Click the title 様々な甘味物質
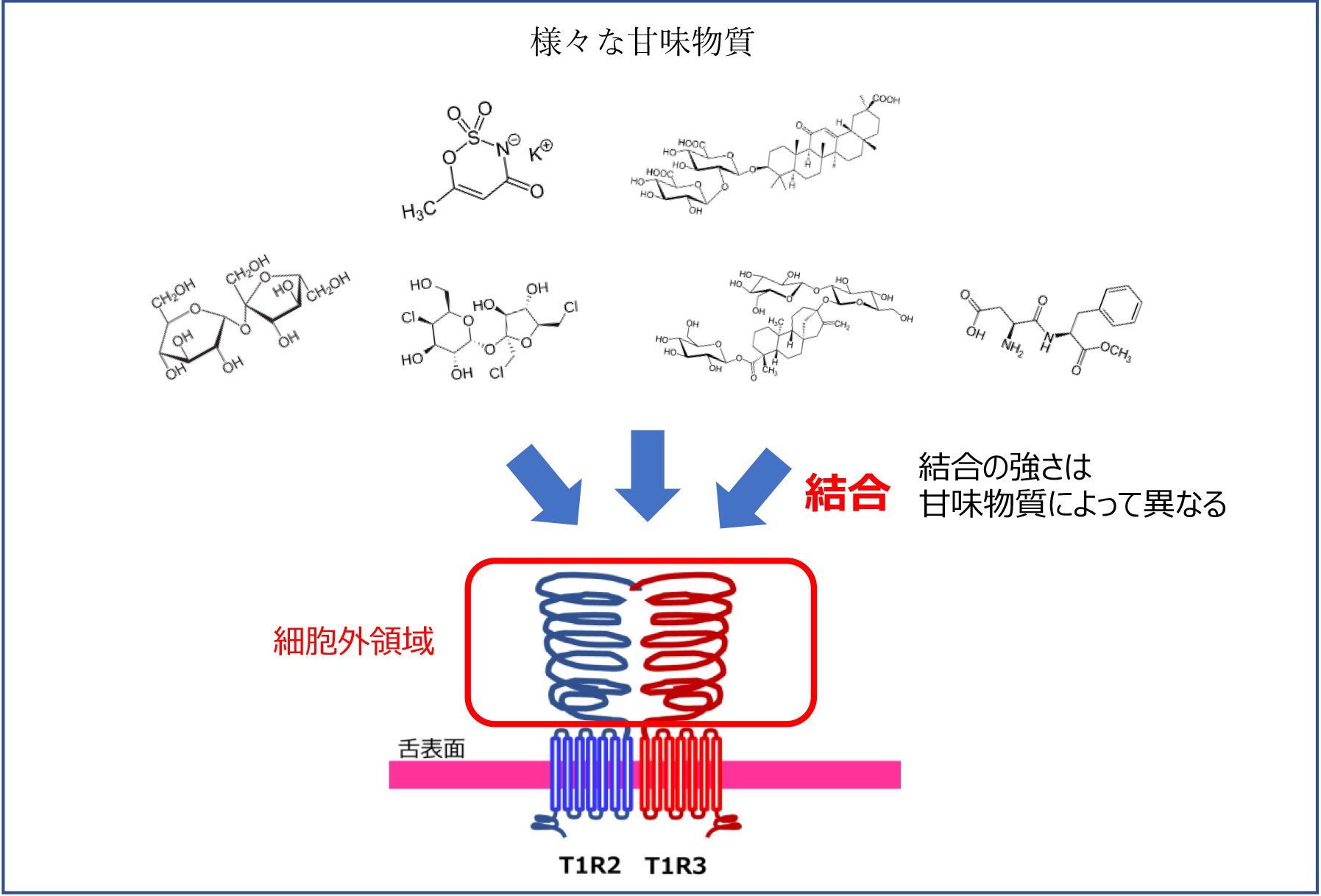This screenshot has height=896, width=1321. click(642, 42)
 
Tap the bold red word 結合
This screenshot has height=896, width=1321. click(847, 492)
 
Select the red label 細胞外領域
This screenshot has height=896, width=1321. click(353, 641)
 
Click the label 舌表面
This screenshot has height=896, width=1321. click(432, 749)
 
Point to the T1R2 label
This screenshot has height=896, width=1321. click(589, 865)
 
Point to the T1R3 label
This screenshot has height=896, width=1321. click(676, 865)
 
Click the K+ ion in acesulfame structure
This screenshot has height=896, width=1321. click(541, 150)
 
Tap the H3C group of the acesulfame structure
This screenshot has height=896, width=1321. click(417, 212)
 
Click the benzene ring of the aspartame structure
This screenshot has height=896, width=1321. click(1121, 305)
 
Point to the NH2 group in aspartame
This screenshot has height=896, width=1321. click(1013, 346)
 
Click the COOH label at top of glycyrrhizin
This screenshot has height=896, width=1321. click(886, 99)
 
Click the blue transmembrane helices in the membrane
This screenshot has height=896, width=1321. click(592, 774)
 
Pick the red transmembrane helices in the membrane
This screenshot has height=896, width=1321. click(680, 774)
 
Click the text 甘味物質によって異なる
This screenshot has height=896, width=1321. click(1072, 504)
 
